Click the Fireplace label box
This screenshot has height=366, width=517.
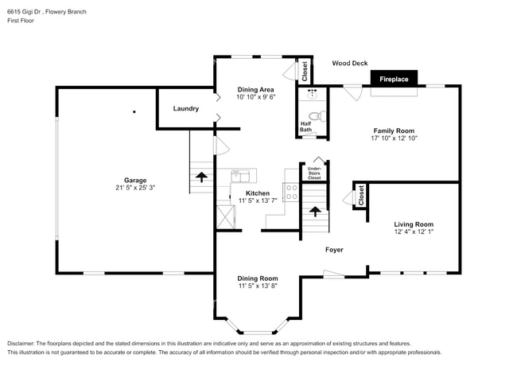click(x=394, y=79)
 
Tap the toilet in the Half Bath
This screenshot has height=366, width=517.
click(x=317, y=116)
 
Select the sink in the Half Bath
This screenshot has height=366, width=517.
click(x=312, y=95)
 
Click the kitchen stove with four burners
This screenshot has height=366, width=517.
click(x=291, y=192)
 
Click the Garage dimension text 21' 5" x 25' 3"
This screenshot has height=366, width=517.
click(x=135, y=188)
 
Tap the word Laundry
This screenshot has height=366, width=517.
click(x=186, y=108)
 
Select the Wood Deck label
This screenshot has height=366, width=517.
click(x=350, y=63)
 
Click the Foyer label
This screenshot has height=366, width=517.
click(x=334, y=250)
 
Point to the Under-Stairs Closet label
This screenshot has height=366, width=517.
click(x=314, y=173)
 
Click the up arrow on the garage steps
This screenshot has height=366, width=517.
click(x=201, y=177)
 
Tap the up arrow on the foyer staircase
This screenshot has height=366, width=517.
click(x=315, y=212)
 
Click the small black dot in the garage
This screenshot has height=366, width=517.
click(x=134, y=111)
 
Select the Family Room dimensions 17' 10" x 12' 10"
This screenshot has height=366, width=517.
click(x=394, y=138)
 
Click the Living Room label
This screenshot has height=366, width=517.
click(x=414, y=224)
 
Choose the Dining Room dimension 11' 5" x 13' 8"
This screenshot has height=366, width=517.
click(x=258, y=286)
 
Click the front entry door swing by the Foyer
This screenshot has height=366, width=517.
click(x=334, y=274)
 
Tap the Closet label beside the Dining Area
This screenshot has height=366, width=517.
click(x=305, y=72)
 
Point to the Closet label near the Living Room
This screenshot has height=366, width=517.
click(x=361, y=196)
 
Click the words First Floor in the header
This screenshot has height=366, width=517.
click(x=21, y=21)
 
